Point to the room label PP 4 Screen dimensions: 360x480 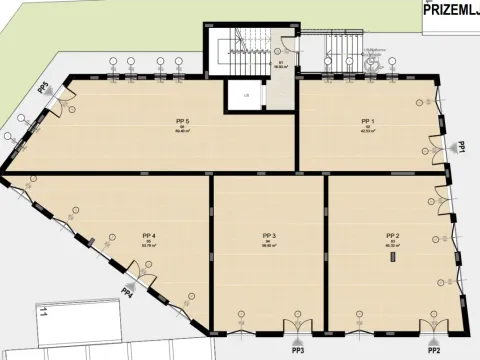coord(149,235)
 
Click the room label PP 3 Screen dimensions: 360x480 coord(267,236)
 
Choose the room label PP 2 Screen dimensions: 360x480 coord(393,235)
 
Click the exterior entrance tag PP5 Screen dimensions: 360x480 coord(43,87)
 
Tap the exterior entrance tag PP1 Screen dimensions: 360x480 coord(463,146)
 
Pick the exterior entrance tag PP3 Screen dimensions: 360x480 coord(298,351)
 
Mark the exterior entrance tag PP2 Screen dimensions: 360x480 coord(433,351)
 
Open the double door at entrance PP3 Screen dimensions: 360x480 coord(298,328)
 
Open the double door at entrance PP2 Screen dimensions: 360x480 coord(433,328)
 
